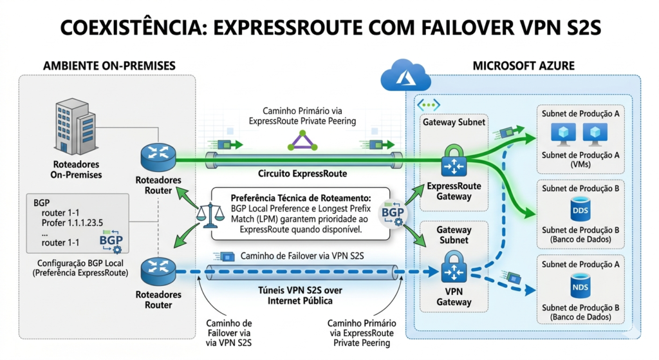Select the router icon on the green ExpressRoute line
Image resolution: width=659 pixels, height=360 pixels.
pos(157,156)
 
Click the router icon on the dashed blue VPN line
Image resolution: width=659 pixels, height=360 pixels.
pos(157,270)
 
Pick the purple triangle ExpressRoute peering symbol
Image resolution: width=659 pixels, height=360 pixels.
pos(302,140)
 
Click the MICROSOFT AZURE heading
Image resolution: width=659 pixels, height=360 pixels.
pos(523,66)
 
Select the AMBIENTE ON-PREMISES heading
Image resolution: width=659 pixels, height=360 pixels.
pos(109,66)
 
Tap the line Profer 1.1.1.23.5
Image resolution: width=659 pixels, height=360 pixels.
pos(72,223)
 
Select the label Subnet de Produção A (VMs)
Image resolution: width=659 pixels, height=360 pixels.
pos(581,158)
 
